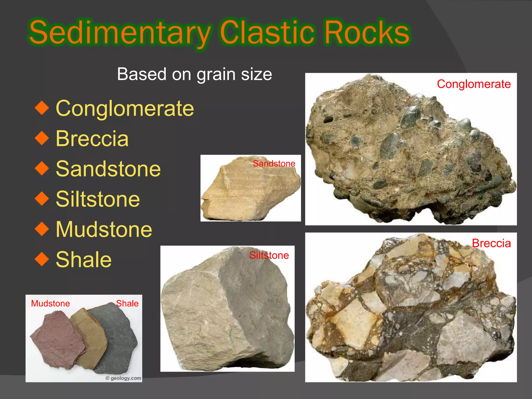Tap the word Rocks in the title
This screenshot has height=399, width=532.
pyautogui.click(x=367, y=33)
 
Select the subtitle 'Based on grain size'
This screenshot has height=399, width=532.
pyautogui.click(x=194, y=74)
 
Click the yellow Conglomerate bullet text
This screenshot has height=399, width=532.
pyautogui.click(x=125, y=108)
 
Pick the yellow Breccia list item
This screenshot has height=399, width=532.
pyautogui.click(x=92, y=138)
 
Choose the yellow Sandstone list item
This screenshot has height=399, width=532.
pyautogui.click(x=108, y=169)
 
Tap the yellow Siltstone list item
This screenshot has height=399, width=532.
pyautogui.click(x=98, y=199)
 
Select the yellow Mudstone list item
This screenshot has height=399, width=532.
pyautogui.click(x=104, y=229)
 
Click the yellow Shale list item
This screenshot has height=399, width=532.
pyautogui.click(x=84, y=260)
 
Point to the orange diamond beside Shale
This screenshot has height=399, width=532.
pyautogui.click(x=42, y=260)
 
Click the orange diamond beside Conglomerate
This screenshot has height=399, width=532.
pyautogui.click(x=42, y=108)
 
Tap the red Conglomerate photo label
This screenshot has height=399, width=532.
pyautogui.click(x=474, y=84)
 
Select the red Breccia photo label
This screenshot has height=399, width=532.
pyautogui.click(x=491, y=243)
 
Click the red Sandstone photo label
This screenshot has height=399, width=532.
pyautogui.click(x=274, y=164)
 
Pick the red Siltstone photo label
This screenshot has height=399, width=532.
pyautogui.click(x=269, y=255)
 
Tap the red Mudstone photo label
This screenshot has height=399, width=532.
pyautogui.click(x=50, y=303)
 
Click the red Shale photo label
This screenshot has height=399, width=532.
pyautogui.click(x=127, y=303)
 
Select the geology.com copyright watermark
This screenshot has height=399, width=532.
pyautogui.click(x=123, y=378)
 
